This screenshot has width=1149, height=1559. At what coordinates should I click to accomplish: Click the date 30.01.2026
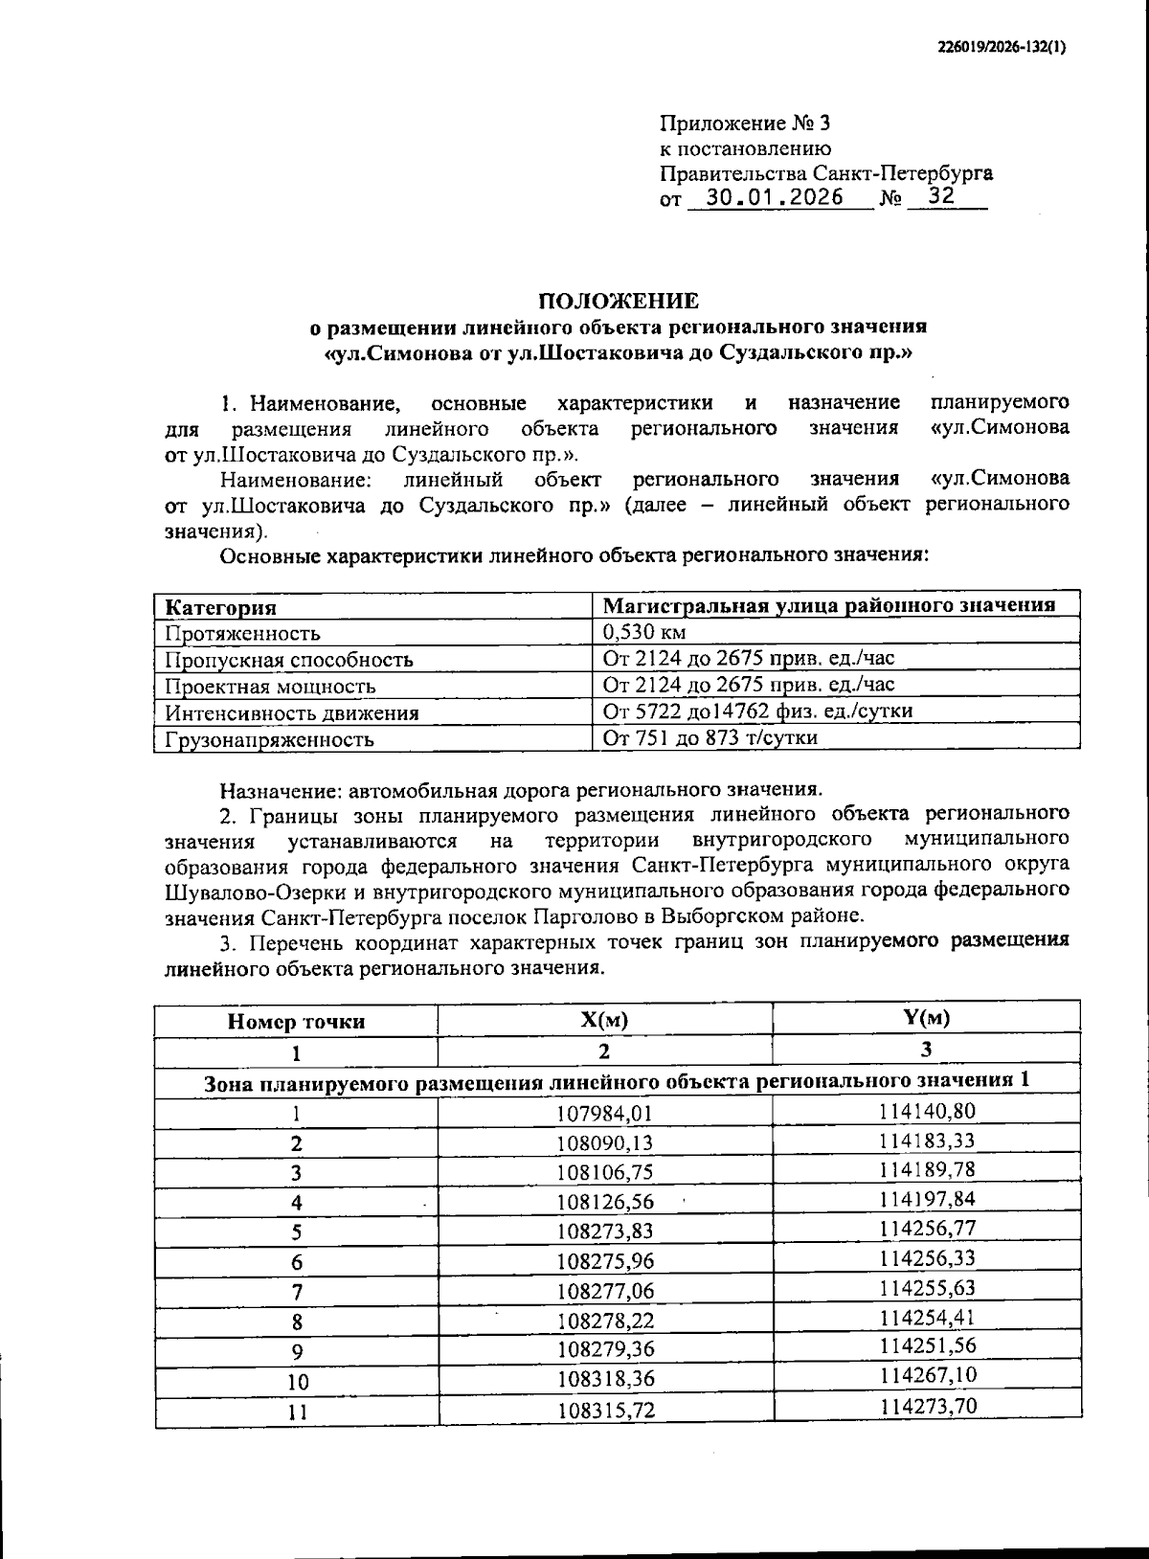pos(774,197)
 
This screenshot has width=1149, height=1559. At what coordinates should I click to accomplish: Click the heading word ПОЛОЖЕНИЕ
pos(619,302)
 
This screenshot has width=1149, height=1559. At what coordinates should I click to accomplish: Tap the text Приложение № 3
pos(746,124)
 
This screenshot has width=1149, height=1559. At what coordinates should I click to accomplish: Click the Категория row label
pos(221,607)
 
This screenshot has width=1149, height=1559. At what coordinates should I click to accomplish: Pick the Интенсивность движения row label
pos(291,712)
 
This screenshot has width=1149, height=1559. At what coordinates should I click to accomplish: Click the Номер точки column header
pos(296,1022)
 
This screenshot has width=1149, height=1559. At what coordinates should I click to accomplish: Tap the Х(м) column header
pos(604,1020)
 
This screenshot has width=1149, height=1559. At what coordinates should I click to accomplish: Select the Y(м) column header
pos(926,1018)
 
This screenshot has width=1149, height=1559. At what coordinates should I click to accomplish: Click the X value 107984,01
pos(604,1113)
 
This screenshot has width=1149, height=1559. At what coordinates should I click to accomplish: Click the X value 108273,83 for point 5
pos(604,1231)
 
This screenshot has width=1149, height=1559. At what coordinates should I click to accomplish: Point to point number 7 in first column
pos(297,1291)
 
